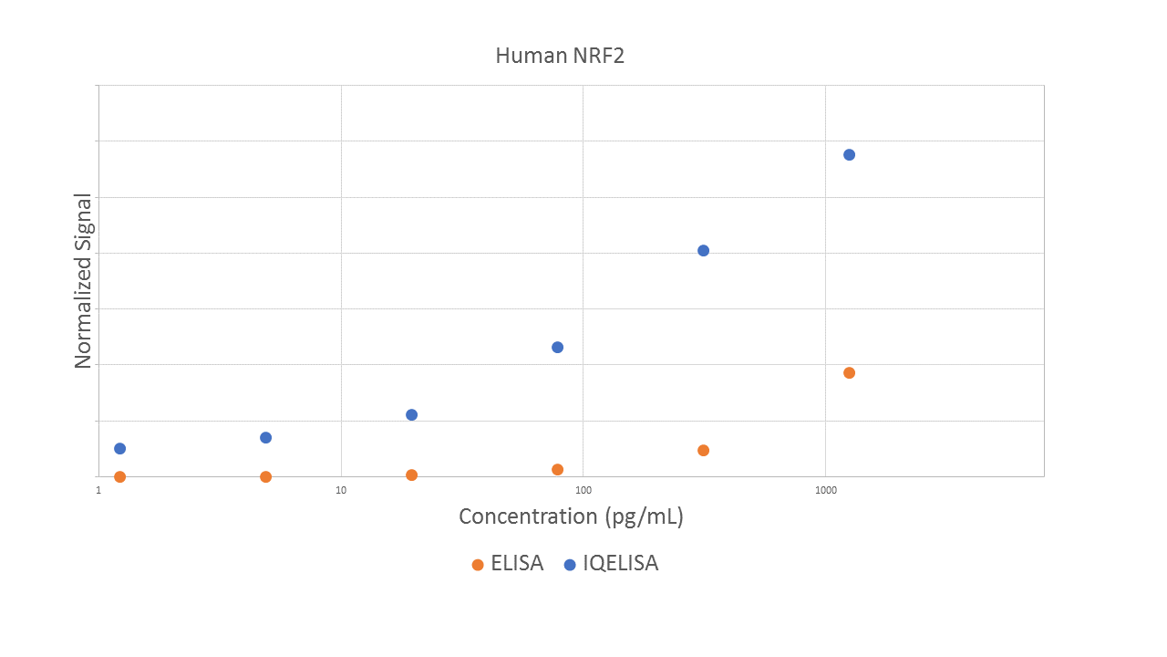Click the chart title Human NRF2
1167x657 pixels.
pyautogui.click(x=560, y=56)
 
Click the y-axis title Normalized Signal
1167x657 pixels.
pyautogui.click(x=83, y=281)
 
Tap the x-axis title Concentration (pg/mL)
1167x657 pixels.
pyautogui.click(x=571, y=516)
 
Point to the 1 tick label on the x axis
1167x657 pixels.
pyautogui.click(x=98, y=490)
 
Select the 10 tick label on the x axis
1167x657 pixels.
pyautogui.click(x=341, y=490)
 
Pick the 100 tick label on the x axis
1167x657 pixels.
pyautogui.click(x=583, y=490)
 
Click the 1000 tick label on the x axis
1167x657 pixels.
pyautogui.click(x=826, y=490)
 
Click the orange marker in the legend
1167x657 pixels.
pyautogui.click(x=478, y=565)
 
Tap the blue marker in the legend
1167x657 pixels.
pyautogui.click(x=570, y=565)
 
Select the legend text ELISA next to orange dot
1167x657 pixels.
pyautogui.click(x=517, y=564)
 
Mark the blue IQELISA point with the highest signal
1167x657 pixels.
pyautogui.click(x=849, y=154)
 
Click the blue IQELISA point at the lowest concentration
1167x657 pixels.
pyautogui.click(x=119, y=448)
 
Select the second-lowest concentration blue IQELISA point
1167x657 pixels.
pyautogui.click(x=265, y=437)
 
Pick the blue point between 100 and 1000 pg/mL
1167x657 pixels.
pyautogui.click(x=703, y=250)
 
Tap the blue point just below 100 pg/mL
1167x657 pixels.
pyautogui.click(x=557, y=347)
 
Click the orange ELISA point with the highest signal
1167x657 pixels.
pyautogui.click(x=849, y=372)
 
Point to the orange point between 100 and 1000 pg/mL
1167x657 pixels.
pyautogui.click(x=703, y=450)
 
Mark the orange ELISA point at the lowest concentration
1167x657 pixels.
pyautogui.click(x=119, y=476)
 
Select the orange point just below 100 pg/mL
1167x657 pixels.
pyautogui.click(x=557, y=469)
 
